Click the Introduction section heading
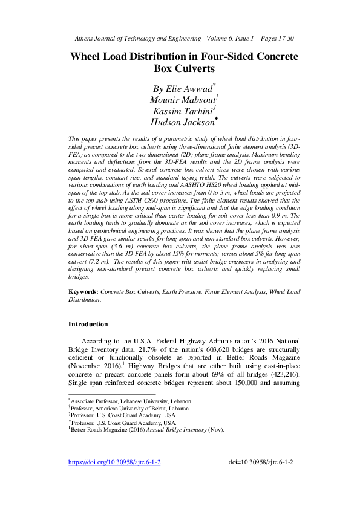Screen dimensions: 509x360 click(x=88, y=324)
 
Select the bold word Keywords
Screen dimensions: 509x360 click(x=83, y=291)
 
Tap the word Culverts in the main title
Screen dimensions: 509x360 click(x=179, y=69)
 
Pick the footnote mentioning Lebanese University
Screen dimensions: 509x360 click(x=132, y=401)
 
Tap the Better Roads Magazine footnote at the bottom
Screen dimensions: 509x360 click(x=148, y=430)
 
